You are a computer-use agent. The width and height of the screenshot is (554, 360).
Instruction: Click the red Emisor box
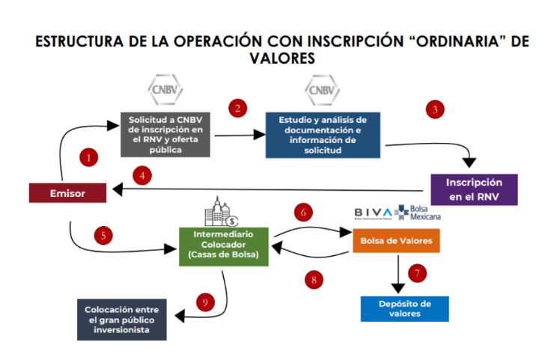[x=68, y=192]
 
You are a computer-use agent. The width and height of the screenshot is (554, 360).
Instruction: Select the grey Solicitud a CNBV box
[x=165, y=134]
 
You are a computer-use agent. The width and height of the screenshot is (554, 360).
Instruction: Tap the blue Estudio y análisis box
[x=323, y=135]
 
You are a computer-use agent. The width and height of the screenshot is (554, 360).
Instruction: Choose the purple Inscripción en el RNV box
[x=475, y=189]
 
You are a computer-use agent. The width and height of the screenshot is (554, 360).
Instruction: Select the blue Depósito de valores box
[x=405, y=308]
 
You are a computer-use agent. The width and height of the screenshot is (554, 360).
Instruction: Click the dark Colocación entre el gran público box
[x=121, y=319]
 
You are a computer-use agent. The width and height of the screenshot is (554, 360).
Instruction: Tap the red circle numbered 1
[x=88, y=158]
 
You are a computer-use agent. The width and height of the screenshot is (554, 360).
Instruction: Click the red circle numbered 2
[x=237, y=108]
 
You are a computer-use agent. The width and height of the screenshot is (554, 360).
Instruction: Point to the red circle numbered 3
[x=434, y=109]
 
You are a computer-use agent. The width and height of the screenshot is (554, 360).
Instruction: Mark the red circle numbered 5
[x=104, y=235]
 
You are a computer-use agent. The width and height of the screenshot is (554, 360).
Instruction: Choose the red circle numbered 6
[x=303, y=212]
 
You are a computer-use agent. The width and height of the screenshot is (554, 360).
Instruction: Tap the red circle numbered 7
[x=418, y=272]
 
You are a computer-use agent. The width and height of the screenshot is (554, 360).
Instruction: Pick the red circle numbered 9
[x=204, y=302]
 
